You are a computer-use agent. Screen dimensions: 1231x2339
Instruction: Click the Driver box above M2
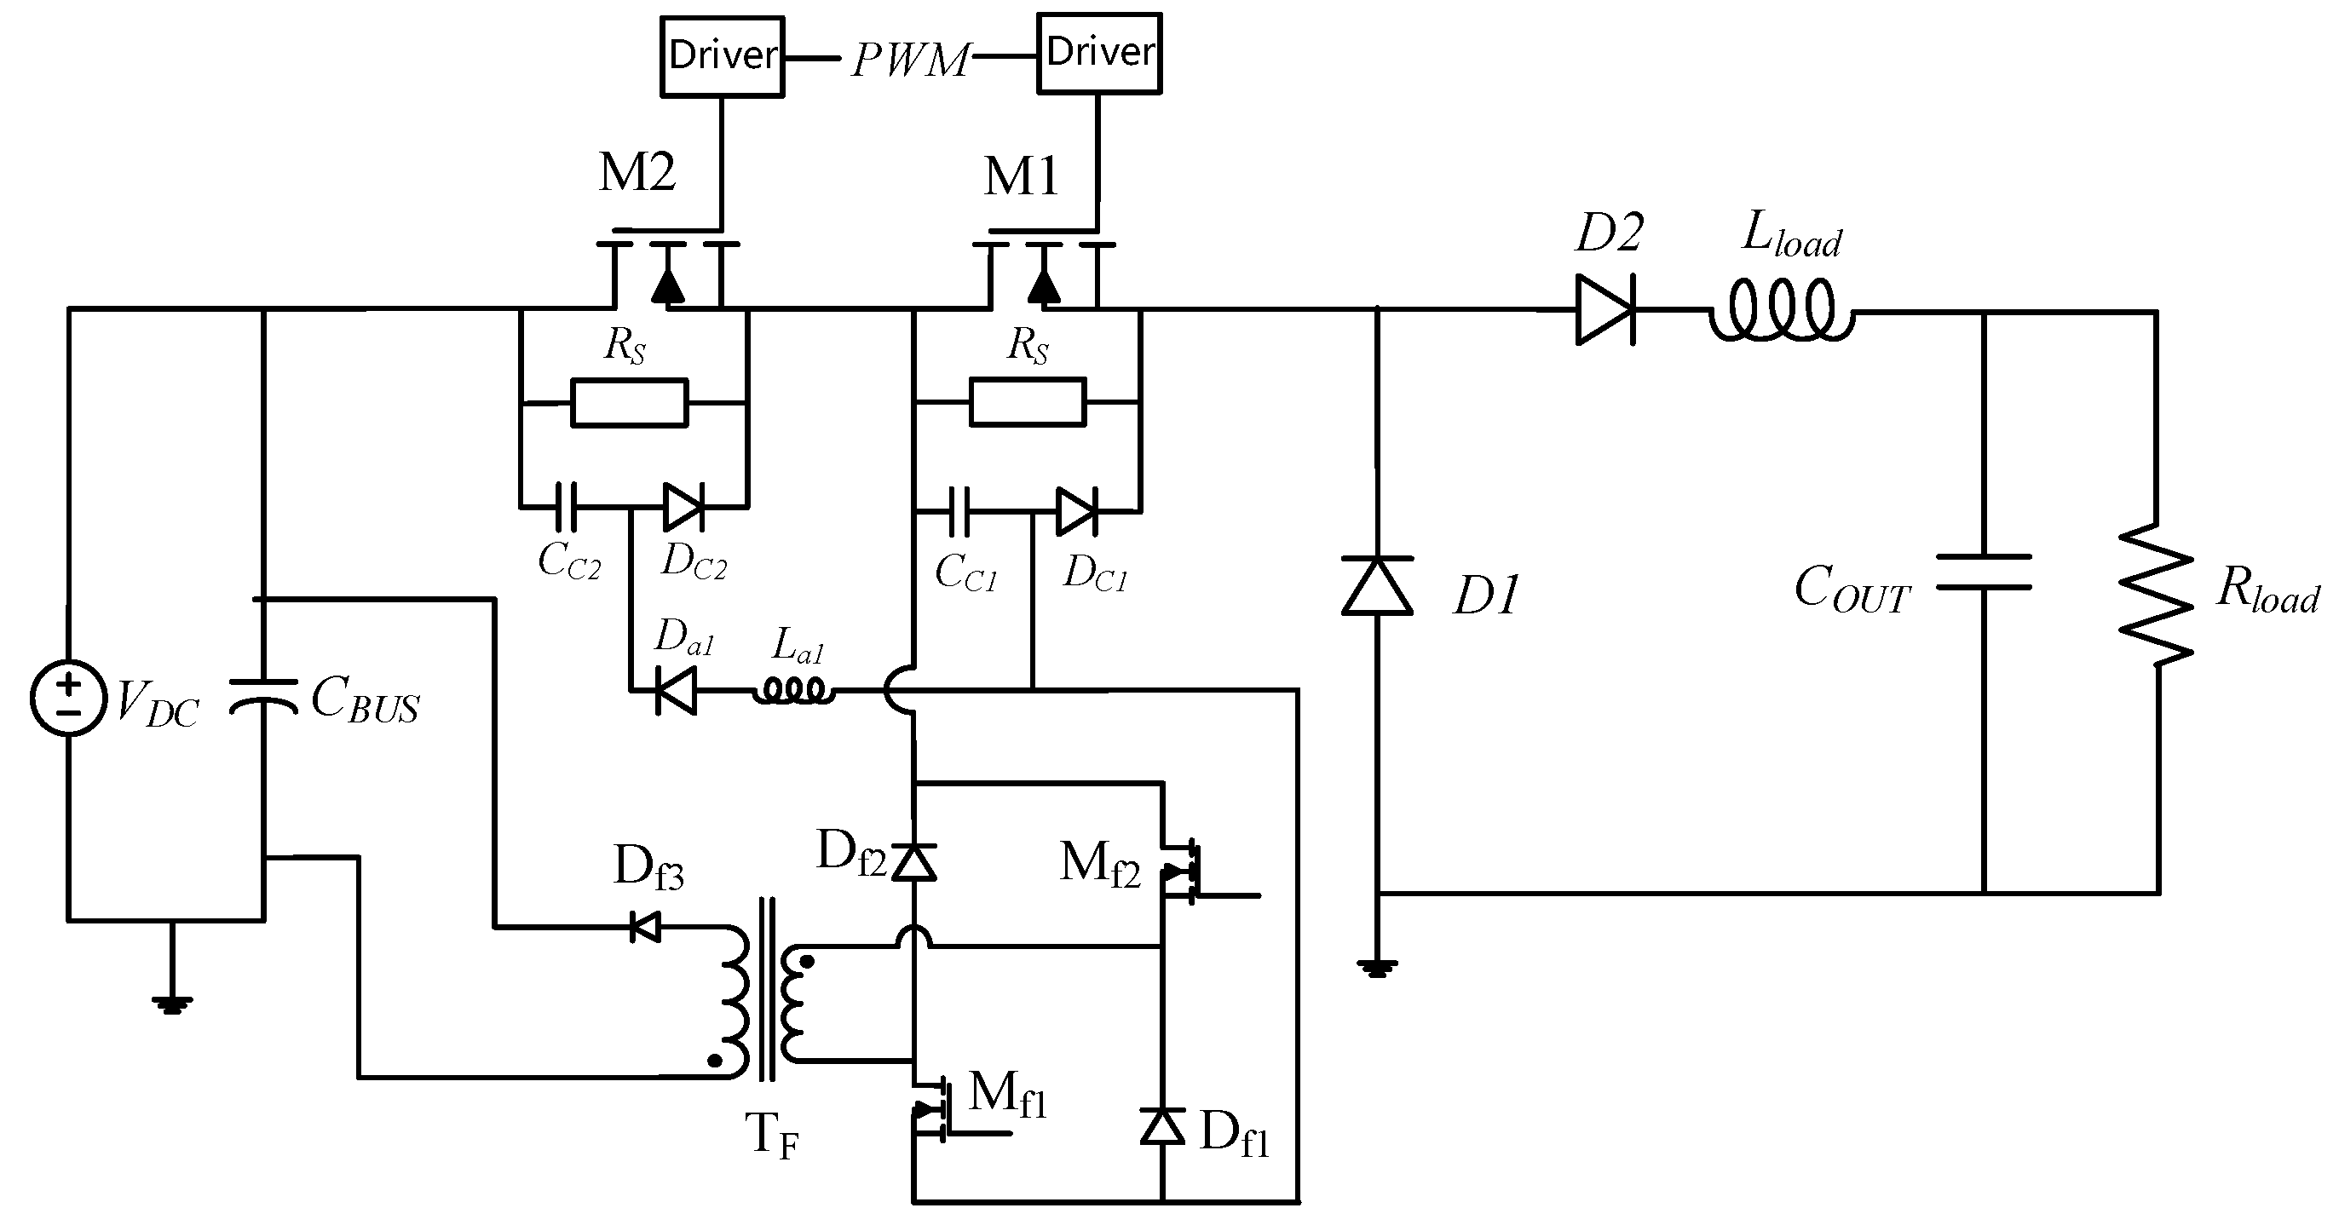(722, 56)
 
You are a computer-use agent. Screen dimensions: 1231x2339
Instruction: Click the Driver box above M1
(1098, 53)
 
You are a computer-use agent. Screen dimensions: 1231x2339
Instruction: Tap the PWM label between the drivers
(910, 60)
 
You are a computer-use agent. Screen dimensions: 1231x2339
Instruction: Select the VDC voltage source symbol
(68, 698)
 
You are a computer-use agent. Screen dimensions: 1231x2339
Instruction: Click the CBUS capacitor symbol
(263, 695)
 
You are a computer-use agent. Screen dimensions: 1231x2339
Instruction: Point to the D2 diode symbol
(1605, 310)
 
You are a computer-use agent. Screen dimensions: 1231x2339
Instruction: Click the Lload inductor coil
(1782, 312)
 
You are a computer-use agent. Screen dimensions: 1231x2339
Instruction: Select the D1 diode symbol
(1378, 586)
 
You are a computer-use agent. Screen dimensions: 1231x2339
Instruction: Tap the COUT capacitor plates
(1983, 572)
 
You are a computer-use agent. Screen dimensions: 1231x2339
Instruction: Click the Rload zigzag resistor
(2158, 595)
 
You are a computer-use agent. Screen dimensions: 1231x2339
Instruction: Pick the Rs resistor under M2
(629, 402)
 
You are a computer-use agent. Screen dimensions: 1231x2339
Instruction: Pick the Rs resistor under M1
(1027, 402)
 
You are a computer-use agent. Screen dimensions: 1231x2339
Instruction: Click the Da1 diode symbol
(677, 691)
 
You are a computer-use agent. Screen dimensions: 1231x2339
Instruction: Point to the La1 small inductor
(793, 692)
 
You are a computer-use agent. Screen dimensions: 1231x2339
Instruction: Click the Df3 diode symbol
(646, 927)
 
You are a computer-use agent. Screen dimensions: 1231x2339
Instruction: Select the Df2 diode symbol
(913, 861)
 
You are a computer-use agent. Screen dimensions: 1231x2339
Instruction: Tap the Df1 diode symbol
(1162, 1126)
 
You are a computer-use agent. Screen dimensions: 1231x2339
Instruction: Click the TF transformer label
(771, 1134)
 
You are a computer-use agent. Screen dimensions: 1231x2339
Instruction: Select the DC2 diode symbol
(683, 507)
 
